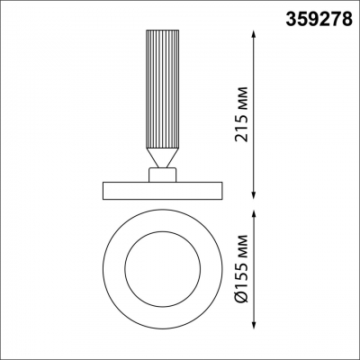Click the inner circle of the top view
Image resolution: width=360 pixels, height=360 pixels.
tap(163, 269)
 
